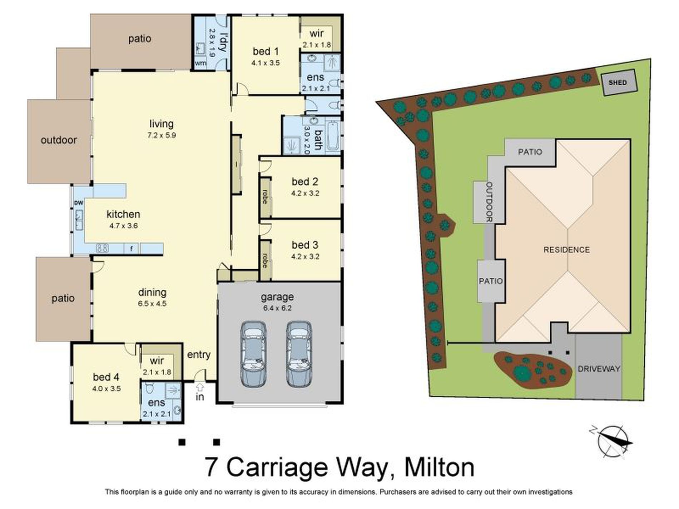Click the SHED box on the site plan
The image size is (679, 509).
(x=618, y=83)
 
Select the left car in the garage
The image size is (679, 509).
(x=253, y=353)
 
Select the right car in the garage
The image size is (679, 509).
(x=299, y=353)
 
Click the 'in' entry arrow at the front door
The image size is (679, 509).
(x=200, y=387)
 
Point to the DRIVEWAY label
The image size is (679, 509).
(x=599, y=369)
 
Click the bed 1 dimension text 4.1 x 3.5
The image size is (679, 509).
(x=265, y=63)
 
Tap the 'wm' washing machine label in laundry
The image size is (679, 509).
(x=200, y=63)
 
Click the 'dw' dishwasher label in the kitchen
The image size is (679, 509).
(x=78, y=203)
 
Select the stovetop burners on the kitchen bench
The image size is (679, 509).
(x=103, y=248)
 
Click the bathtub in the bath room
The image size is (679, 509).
(x=333, y=136)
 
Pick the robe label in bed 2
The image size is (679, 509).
(x=265, y=197)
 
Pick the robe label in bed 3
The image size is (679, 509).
(x=265, y=261)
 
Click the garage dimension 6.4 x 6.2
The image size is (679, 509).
(x=277, y=308)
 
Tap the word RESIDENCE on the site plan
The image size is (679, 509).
(x=566, y=250)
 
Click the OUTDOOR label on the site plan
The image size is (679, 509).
(x=489, y=202)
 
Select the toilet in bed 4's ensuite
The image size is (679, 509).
(x=150, y=387)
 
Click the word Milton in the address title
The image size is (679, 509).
(x=439, y=467)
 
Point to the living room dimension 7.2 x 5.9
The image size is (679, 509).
(x=162, y=135)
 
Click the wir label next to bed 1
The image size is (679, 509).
(x=317, y=34)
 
